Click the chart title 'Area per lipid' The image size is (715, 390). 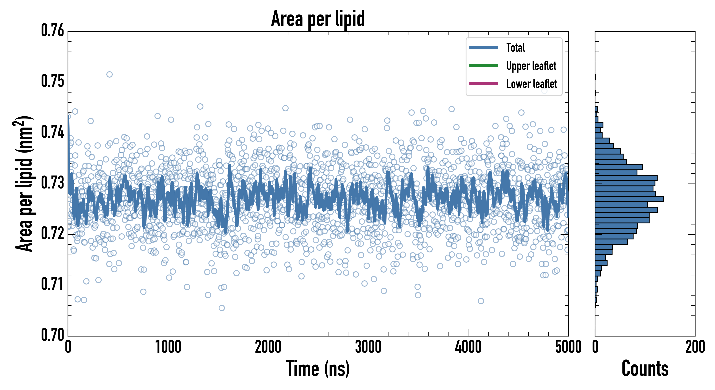point(318,18)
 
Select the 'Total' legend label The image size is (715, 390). point(515,47)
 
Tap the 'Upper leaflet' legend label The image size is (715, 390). point(531,66)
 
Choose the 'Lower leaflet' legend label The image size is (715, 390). point(531,84)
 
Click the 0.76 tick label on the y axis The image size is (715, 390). point(52,31)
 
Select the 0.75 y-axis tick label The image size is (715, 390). point(52,82)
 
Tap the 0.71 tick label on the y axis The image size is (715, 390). point(52,284)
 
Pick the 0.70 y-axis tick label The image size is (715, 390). point(52,335)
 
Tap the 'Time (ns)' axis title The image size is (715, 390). point(318,369)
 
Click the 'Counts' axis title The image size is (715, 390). point(645,369)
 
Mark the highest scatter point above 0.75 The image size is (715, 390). point(109,74)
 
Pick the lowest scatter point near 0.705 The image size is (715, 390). point(221,308)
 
